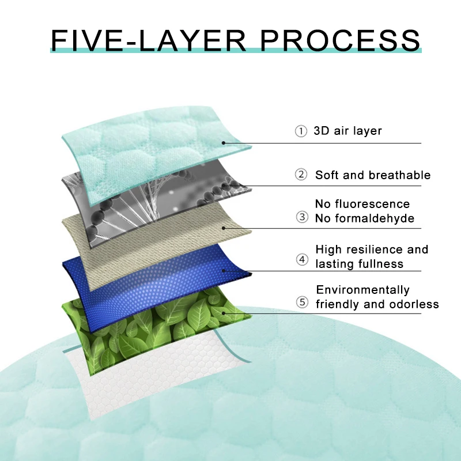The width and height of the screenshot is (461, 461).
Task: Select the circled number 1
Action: click(x=301, y=131)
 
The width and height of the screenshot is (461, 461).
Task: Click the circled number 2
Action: click(x=301, y=175)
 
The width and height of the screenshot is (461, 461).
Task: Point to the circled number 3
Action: click(x=301, y=217)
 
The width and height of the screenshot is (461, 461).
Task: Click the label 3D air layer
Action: click(x=347, y=131)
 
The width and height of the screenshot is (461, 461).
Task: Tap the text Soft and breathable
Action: click(x=372, y=175)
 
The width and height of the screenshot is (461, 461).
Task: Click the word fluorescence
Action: click(x=381, y=204)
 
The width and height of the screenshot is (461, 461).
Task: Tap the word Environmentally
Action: click(x=362, y=290)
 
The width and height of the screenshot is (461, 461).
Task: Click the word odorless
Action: click(x=416, y=304)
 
